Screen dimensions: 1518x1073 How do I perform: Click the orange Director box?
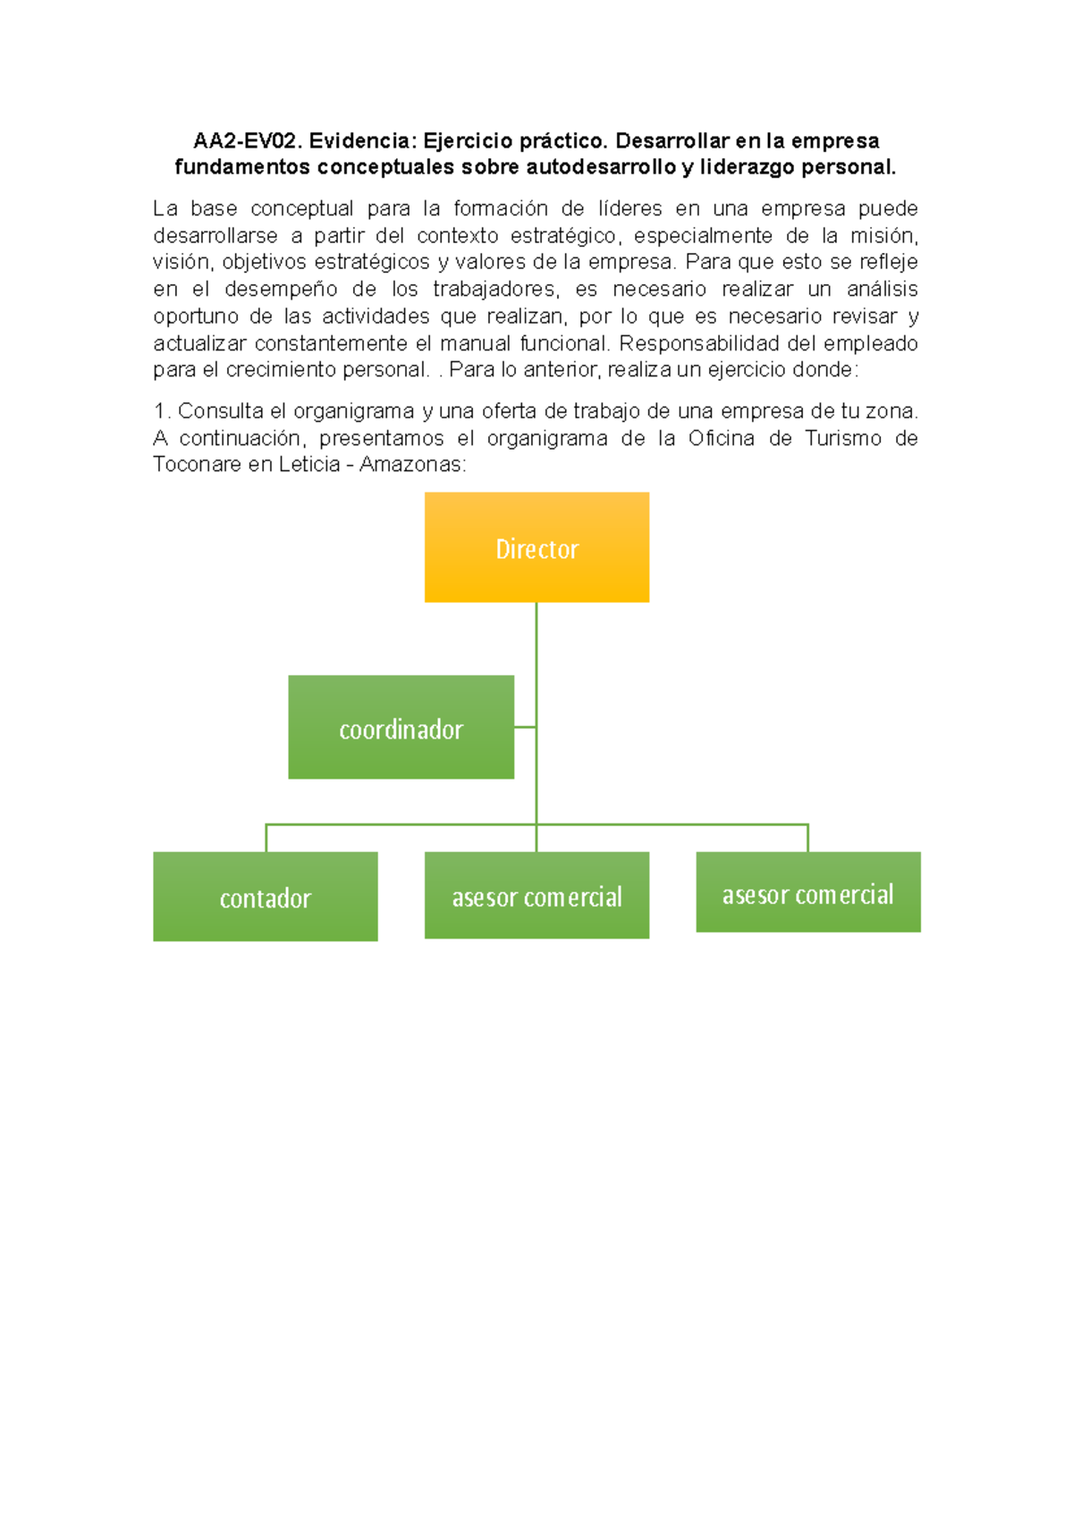tap(536, 547)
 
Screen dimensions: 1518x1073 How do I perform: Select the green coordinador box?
tap(401, 727)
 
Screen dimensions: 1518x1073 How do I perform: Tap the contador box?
tap(265, 896)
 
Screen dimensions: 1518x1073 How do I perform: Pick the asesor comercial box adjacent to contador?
tap(536, 895)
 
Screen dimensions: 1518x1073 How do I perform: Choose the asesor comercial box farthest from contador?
tap(807, 892)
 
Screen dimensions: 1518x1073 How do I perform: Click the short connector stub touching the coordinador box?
tap(525, 727)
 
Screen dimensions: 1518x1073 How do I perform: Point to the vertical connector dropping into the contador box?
tap(266, 839)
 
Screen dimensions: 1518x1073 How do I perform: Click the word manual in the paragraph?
tap(475, 343)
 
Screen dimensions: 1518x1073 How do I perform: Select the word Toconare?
tap(197, 465)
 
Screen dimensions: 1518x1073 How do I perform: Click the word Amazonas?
tap(411, 465)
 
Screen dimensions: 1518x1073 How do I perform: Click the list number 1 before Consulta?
tap(160, 411)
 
